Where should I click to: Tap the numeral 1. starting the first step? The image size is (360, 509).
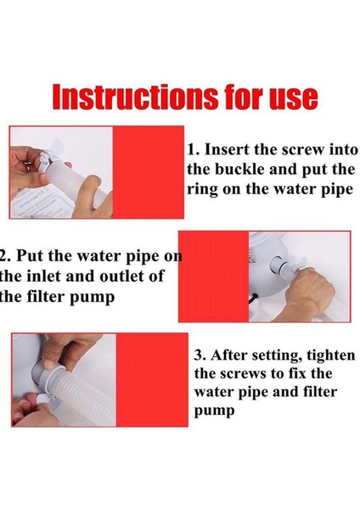coord(193,149)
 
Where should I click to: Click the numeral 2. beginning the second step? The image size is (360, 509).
coord(6,256)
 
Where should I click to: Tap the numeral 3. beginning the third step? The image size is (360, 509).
coord(200,355)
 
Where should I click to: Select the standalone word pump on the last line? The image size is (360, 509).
coord(215,411)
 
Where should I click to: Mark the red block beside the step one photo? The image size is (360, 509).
coord(148,172)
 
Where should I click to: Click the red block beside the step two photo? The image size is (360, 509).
coord(213,277)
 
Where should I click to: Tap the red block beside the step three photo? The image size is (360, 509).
coord(152,380)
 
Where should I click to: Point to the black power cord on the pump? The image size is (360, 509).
coord(256,299)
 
